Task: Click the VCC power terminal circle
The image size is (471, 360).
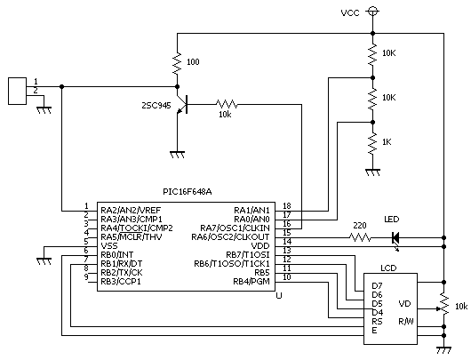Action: (x=372, y=12)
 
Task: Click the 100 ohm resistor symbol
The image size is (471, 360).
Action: (x=177, y=64)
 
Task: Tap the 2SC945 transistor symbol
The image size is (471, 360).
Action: (x=182, y=105)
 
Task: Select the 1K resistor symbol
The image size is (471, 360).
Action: (x=372, y=144)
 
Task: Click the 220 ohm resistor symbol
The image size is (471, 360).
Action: (x=360, y=237)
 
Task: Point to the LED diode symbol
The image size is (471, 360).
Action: (x=395, y=239)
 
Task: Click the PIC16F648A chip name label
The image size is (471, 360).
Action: (x=188, y=192)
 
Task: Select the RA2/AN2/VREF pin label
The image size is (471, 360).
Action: (x=131, y=210)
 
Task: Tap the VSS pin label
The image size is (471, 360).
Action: (x=109, y=246)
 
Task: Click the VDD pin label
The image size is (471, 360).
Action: (x=260, y=246)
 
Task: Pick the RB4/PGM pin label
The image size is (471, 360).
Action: (x=251, y=282)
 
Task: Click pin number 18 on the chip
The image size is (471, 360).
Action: (x=287, y=206)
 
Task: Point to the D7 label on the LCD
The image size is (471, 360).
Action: (x=377, y=285)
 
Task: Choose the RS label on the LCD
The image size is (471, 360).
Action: (x=377, y=321)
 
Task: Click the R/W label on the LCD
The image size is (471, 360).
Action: (x=406, y=321)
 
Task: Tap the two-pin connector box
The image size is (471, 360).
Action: (x=17, y=91)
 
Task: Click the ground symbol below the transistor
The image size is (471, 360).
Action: (x=177, y=155)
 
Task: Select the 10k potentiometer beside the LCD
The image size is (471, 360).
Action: (x=444, y=304)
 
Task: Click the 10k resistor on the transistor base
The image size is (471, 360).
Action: (x=227, y=104)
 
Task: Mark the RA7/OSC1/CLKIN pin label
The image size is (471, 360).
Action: (x=235, y=228)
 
